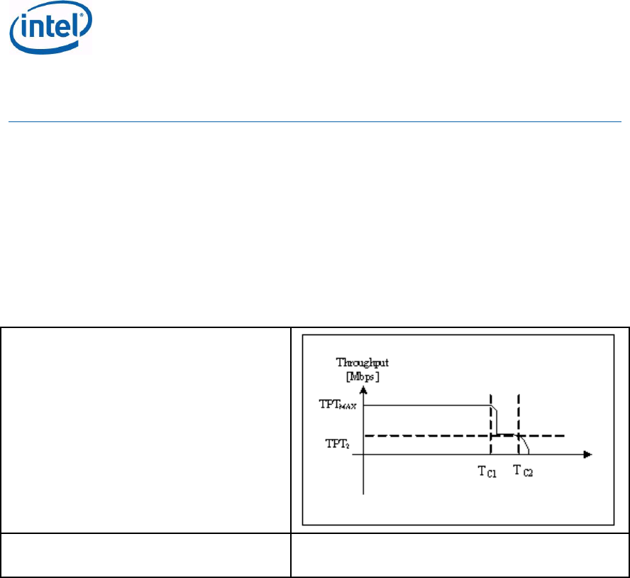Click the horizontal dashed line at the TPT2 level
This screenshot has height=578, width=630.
pos(426,435)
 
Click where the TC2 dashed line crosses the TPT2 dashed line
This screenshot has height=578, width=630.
pos(520,435)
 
